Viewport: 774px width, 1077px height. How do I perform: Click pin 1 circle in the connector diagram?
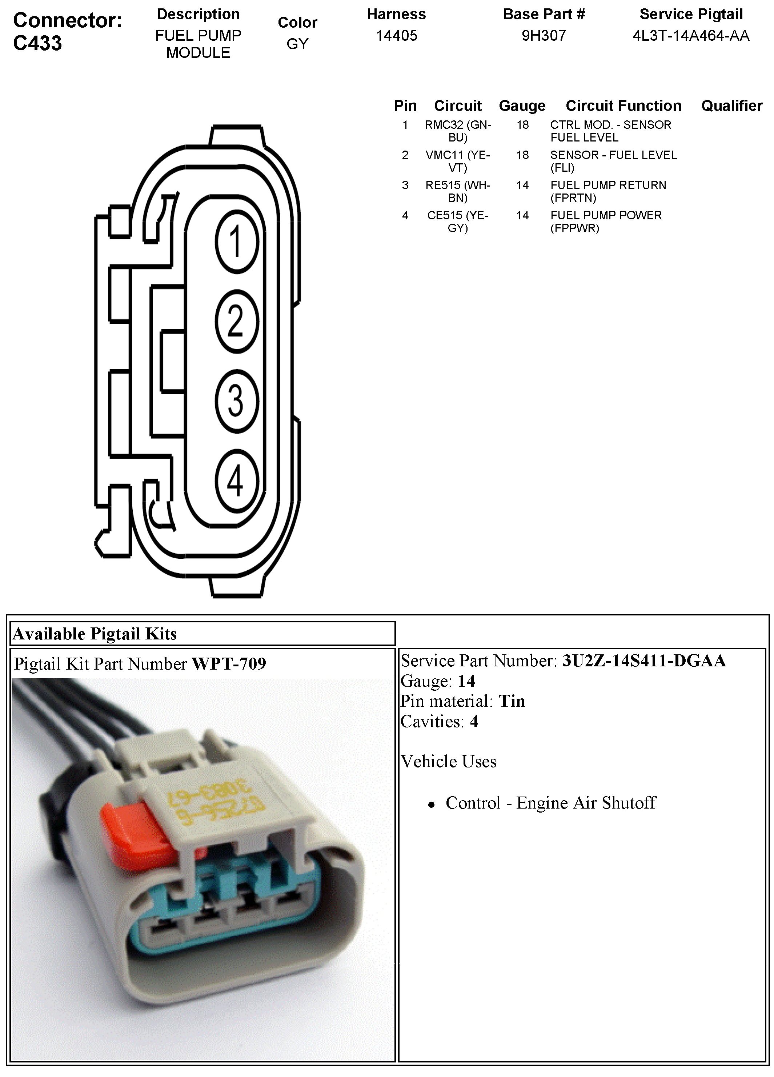(x=236, y=242)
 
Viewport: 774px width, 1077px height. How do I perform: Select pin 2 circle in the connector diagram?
(x=236, y=321)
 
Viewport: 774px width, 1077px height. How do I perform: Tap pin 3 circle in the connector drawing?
(x=236, y=400)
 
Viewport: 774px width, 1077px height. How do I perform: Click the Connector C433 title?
(x=67, y=31)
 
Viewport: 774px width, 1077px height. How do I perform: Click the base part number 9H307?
(x=544, y=36)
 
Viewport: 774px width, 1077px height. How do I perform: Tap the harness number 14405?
(x=396, y=36)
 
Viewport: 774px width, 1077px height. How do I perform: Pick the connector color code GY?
(x=297, y=44)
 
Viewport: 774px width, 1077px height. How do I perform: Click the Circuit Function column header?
(x=623, y=105)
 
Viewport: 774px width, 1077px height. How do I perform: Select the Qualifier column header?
(x=731, y=105)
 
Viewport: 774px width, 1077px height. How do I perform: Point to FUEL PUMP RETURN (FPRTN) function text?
(x=608, y=191)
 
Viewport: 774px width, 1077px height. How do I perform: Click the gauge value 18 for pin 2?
(x=522, y=155)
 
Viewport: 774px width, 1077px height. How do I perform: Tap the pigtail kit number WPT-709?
(x=229, y=663)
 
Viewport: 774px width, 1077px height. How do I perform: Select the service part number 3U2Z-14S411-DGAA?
(x=643, y=661)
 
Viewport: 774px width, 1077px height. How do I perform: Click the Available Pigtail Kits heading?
(x=95, y=634)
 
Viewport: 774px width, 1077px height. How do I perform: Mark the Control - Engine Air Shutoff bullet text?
(x=550, y=802)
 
